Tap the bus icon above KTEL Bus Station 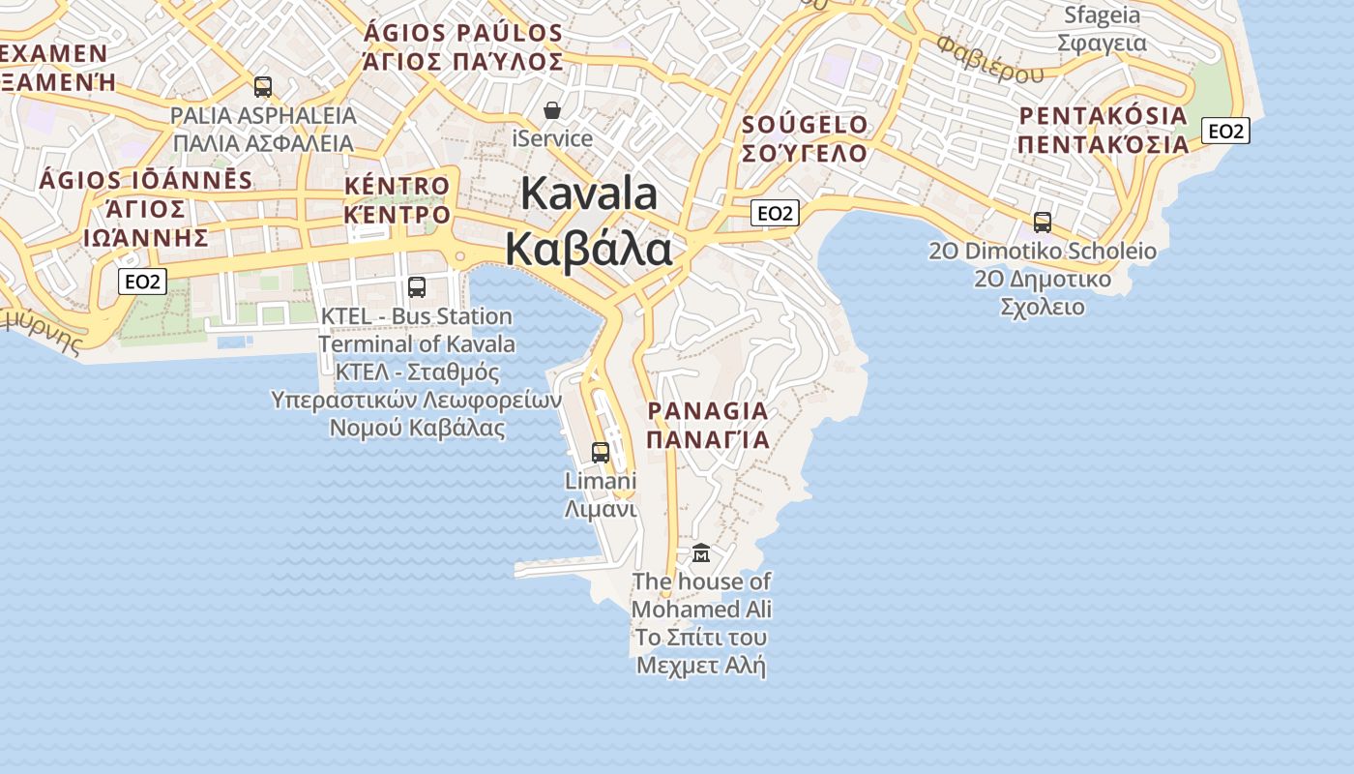pyautogui.click(x=417, y=286)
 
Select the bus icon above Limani pyautogui.click(x=601, y=452)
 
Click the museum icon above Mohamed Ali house pyautogui.click(x=701, y=553)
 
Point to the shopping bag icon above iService pyautogui.click(x=552, y=110)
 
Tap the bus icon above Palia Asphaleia pyautogui.click(x=263, y=87)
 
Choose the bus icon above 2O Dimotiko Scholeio pyautogui.click(x=1043, y=223)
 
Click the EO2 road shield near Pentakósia pyautogui.click(x=1225, y=131)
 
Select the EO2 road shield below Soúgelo pyautogui.click(x=776, y=213)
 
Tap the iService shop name pyautogui.click(x=552, y=138)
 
